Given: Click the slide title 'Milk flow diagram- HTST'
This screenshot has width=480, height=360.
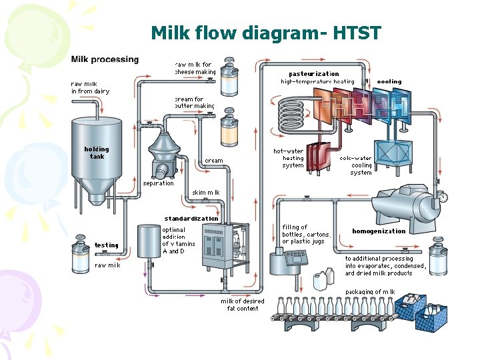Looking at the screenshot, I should [265, 33].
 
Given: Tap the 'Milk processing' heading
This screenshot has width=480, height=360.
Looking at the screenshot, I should [105, 59].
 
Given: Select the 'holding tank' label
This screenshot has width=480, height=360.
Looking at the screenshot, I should [97, 153].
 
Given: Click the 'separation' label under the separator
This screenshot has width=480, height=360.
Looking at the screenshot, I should [158, 183].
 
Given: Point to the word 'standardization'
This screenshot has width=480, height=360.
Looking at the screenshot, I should [191, 219].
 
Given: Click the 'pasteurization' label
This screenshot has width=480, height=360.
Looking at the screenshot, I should [313, 73].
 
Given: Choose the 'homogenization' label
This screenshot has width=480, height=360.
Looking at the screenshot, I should [379, 231].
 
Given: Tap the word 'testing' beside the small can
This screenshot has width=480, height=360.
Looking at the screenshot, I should [107, 245].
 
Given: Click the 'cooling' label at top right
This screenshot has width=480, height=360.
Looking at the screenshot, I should [389, 81].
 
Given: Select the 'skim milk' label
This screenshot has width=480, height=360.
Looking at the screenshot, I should [205, 193].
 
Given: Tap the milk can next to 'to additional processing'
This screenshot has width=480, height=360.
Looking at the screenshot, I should [438, 259].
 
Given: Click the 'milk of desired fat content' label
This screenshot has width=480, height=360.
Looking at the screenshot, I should [243, 305].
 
